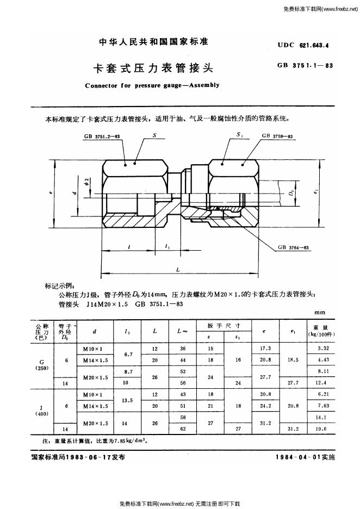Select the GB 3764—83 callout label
(293, 247)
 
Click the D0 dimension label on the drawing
(292, 192)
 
